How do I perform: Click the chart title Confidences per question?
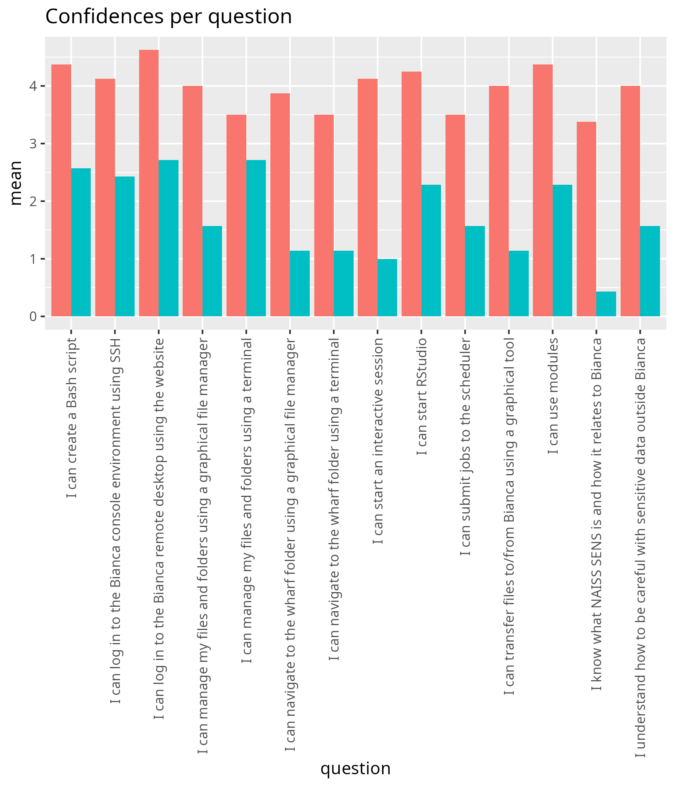point(168,17)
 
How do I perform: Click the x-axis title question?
point(355,768)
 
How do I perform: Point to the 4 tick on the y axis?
point(33,86)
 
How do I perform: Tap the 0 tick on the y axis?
point(33,316)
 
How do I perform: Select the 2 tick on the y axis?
point(33,201)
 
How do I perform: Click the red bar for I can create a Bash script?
point(61,190)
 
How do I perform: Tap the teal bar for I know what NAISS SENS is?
point(606,304)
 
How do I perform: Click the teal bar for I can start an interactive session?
point(387,287)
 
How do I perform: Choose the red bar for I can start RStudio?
point(412,194)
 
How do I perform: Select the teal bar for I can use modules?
point(562,251)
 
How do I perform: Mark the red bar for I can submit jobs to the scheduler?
point(455,215)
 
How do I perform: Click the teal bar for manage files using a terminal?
point(256,238)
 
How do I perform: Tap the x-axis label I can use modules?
point(553,396)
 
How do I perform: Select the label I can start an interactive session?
point(377,441)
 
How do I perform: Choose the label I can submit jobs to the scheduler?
point(465,447)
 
